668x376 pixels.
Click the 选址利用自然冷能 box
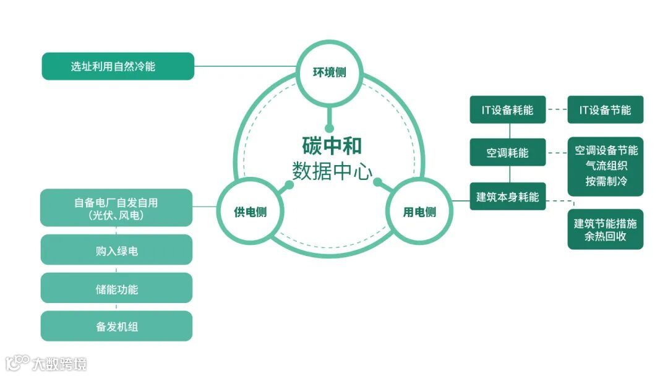(118, 66)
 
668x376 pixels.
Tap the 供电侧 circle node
(250, 212)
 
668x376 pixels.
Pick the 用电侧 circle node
(419, 212)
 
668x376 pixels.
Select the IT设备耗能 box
(507, 110)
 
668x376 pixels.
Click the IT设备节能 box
(605, 110)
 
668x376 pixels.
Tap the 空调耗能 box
(507, 152)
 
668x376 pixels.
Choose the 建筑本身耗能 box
(507, 197)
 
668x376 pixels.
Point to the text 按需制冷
(606, 181)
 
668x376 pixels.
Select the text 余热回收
(605, 237)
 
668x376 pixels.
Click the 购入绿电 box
(116, 250)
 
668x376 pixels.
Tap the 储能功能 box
(116, 289)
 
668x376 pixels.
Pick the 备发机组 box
(116, 327)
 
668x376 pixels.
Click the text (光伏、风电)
(116, 215)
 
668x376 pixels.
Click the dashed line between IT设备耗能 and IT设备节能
(557, 110)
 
